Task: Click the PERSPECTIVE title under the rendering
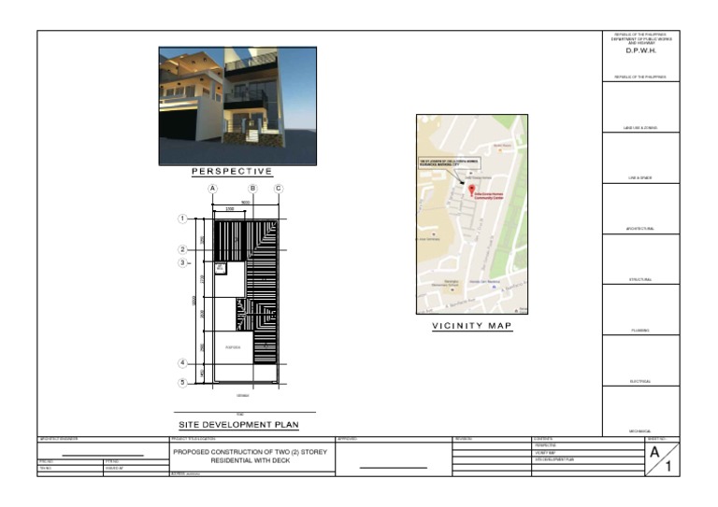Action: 232,171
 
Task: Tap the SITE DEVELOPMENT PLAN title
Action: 238,425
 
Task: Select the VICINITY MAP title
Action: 471,326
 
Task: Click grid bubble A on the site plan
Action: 213,189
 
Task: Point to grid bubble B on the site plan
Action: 252,189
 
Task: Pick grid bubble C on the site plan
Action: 278,189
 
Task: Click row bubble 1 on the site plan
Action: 182,219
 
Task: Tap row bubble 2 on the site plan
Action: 182,249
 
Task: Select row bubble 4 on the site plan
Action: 182,363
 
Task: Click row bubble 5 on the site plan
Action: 182,382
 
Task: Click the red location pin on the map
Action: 471,190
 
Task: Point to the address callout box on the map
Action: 445,165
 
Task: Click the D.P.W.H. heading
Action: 641,50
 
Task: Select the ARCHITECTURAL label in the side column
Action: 640,229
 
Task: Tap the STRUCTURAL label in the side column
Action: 640,279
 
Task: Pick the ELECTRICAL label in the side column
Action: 640,381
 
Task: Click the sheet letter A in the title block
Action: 656,450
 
